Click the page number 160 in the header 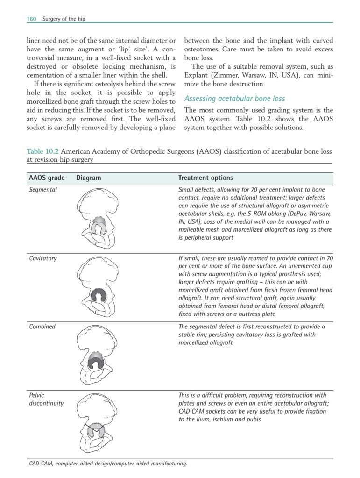(31, 19)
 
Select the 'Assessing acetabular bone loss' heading (234, 99)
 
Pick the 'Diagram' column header (88, 178)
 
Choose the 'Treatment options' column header (205, 178)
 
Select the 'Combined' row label (42, 327)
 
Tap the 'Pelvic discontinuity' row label (46, 399)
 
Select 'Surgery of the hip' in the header (64, 19)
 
